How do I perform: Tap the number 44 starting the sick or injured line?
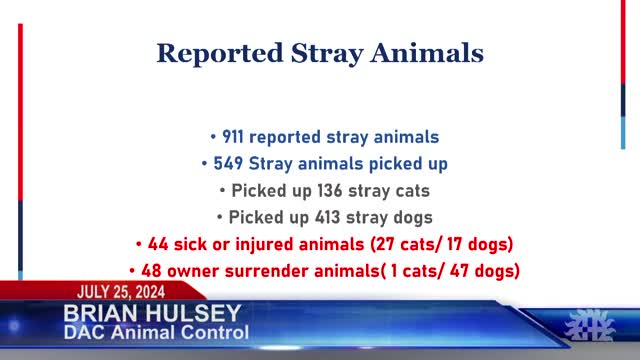click(157, 243)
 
